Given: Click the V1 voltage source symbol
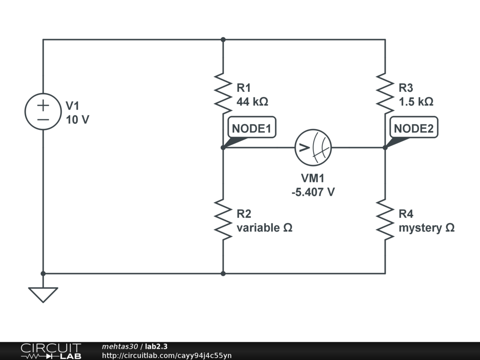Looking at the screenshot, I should (43, 112).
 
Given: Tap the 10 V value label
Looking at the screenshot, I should (77, 120).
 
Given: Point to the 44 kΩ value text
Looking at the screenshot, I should (252, 102).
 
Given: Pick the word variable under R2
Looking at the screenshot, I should (257, 228).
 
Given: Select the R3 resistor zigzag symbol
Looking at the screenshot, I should (385, 91).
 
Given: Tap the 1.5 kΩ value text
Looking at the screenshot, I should (415, 102).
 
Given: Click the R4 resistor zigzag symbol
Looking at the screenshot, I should (385, 218).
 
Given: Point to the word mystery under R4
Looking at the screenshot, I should (420, 228).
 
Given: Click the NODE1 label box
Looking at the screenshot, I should (252, 128).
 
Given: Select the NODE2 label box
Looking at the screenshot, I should (413, 128).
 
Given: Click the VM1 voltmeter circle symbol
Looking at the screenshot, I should (313, 148).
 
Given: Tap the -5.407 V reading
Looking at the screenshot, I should (313, 192).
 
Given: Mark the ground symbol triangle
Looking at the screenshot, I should (43, 294).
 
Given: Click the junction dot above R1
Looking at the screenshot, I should (223, 40).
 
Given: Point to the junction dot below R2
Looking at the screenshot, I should (223, 273).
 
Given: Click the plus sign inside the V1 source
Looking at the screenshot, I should (43, 105).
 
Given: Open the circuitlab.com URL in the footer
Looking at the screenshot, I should (166, 355).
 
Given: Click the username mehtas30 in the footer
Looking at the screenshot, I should (120, 346).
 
